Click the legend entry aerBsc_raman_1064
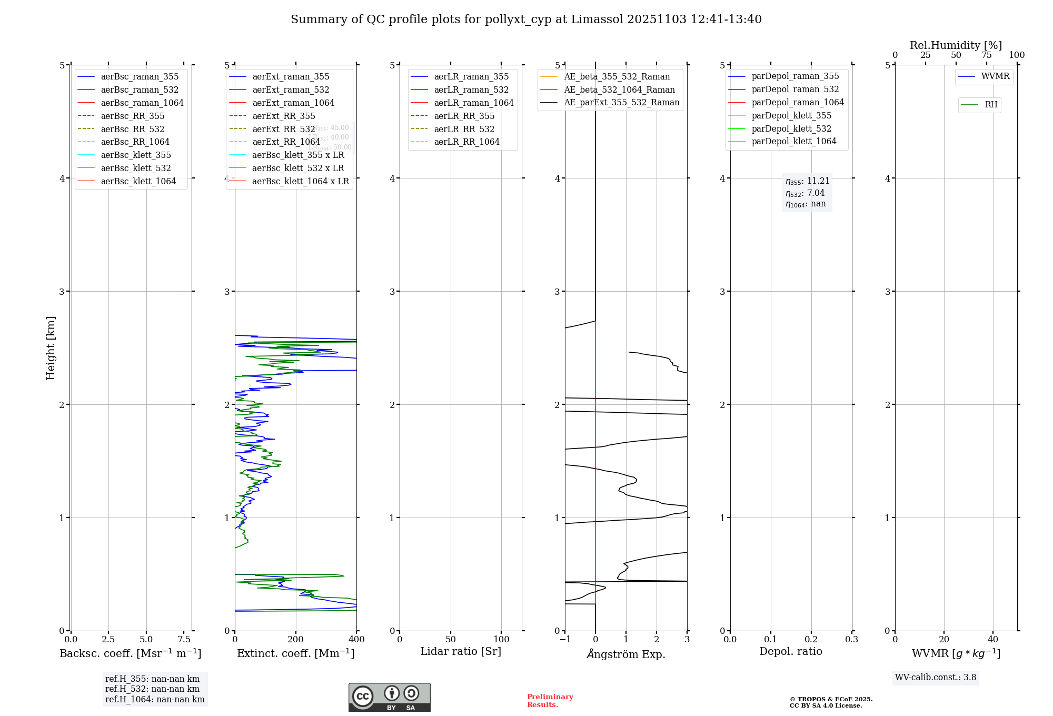pyautogui.click(x=142, y=103)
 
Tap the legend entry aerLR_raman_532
pyautogui.click(x=471, y=89)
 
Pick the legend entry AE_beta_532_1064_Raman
pyautogui.click(x=619, y=89)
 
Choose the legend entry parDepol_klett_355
pyautogui.click(x=791, y=115)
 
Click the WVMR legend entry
pyautogui.click(x=995, y=76)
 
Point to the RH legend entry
pyautogui.click(x=991, y=105)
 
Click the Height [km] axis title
pyautogui.click(x=51, y=348)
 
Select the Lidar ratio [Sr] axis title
pyautogui.click(x=461, y=651)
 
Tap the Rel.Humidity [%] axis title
pyautogui.click(x=956, y=45)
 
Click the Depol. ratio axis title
pyautogui.click(x=790, y=651)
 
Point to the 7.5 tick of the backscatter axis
pyautogui.click(x=184, y=639)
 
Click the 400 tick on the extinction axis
pyautogui.click(x=356, y=639)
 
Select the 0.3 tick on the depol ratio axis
pyautogui.click(x=851, y=639)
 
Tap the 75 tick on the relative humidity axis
pyautogui.click(x=986, y=55)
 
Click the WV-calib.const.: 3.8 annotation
pyautogui.click(x=935, y=677)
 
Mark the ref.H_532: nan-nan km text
pyautogui.click(x=152, y=689)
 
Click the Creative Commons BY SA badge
pyautogui.click(x=389, y=697)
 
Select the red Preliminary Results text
pyautogui.click(x=550, y=700)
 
